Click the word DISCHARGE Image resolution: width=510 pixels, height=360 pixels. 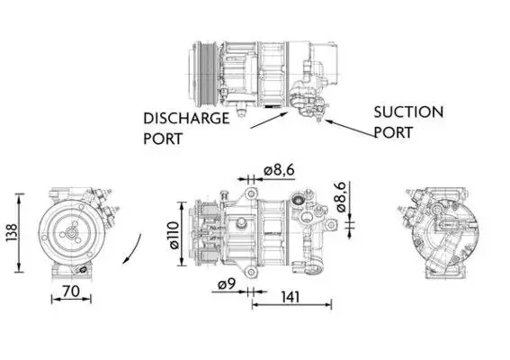click(186, 118)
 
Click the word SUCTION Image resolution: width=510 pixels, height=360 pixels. click(408, 112)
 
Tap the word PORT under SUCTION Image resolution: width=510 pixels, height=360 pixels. click(393, 132)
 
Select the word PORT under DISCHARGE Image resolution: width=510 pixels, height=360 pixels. click(163, 139)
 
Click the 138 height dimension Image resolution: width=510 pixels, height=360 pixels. click(12, 232)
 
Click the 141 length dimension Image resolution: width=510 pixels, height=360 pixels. click(291, 297)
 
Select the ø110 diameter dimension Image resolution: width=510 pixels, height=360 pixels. click(174, 235)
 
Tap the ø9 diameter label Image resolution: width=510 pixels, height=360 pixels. click(227, 284)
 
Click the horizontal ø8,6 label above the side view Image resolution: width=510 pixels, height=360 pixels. click(279, 170)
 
